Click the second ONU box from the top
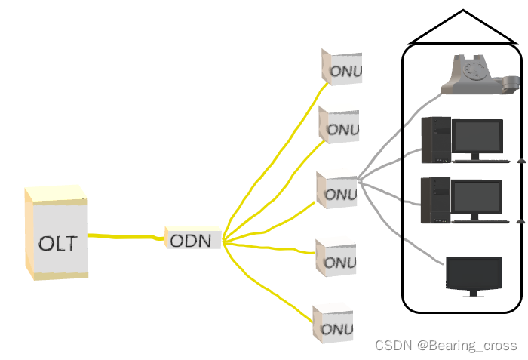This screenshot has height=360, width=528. [x=339, y=125]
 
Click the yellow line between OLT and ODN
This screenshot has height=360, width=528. [x=124, y=237]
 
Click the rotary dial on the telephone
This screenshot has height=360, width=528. [x=475, y=71]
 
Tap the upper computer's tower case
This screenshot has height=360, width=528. [x=435, y=140]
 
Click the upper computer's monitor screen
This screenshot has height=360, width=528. [x=476, y=137]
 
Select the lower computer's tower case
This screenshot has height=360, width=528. [x=435, y=200]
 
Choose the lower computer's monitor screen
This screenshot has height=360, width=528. [x=476, y=197]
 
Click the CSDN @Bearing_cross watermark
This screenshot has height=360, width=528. [x=446, y=345]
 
